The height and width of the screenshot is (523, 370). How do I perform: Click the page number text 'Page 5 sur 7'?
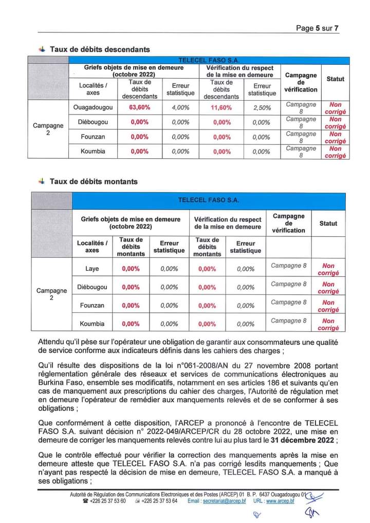pos(318,28)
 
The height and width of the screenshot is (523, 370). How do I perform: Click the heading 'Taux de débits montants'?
pos(94,181)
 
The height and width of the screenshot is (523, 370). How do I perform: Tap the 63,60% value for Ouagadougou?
pos(139,107)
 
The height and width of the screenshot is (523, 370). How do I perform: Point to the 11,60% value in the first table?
pos(221,107)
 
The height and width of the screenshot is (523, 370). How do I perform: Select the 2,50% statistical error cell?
pos(262,107)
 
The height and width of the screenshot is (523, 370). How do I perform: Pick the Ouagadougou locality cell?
pos(93,107)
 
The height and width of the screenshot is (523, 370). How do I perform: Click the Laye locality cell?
pos(92,269)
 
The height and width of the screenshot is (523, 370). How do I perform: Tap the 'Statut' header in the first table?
pos(336,79)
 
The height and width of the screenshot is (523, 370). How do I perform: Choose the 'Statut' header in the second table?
pos(328,223)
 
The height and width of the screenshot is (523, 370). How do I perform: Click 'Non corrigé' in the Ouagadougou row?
pos(336,108)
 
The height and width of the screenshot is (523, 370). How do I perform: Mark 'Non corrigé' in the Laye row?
pos(328,269)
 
